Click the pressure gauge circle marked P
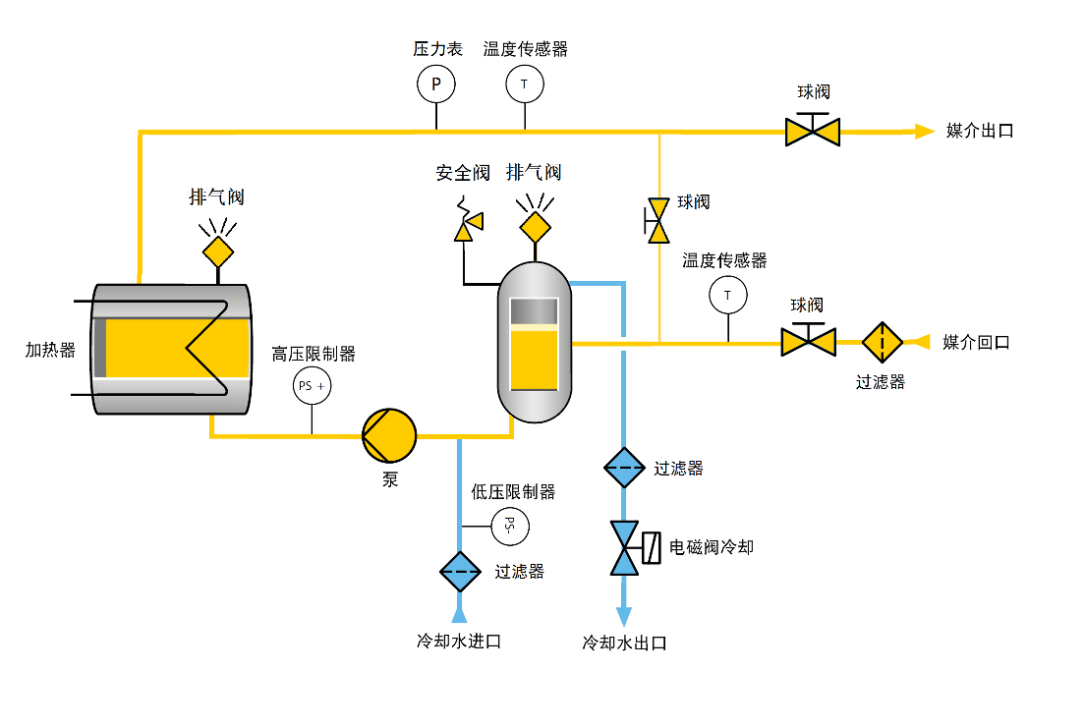(436, 84)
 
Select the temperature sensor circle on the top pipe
(524, 84)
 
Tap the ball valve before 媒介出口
(813, 131)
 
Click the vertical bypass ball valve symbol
(658, 219)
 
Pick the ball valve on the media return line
(808, 342)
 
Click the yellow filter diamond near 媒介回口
(883, 342)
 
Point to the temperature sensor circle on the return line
(727, 295)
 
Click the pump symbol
(389, 434)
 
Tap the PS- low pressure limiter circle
(509, 527)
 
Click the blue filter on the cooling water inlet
(460, 571)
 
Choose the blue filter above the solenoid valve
(624, 468)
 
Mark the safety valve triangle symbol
(466, 229)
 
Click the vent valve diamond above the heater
(218, 252)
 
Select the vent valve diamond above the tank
(536, 227)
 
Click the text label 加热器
(50, 350)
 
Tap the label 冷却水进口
(459, 642)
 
